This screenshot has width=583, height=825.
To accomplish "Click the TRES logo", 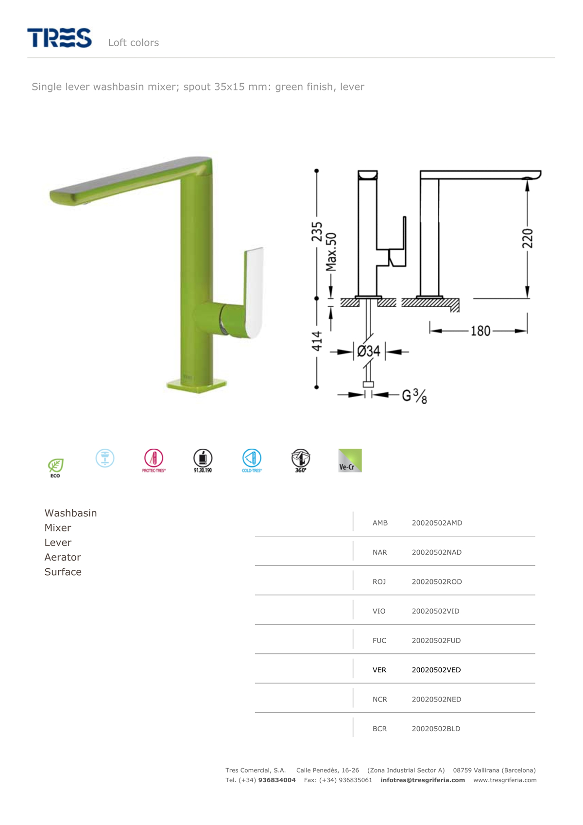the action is [59, 37].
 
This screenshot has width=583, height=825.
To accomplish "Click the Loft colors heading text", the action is [133, 43].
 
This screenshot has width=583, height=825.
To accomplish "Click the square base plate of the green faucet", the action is [196, 386].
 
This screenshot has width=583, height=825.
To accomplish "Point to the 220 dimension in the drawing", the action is [528, 239].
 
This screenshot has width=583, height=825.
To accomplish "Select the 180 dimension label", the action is [480, 331].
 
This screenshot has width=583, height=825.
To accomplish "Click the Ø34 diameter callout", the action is [368, 351].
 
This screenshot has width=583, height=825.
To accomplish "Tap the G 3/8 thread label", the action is [414, 396].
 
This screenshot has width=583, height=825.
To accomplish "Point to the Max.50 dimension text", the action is [331, 251].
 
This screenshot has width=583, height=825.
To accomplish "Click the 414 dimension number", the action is [317, 341].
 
